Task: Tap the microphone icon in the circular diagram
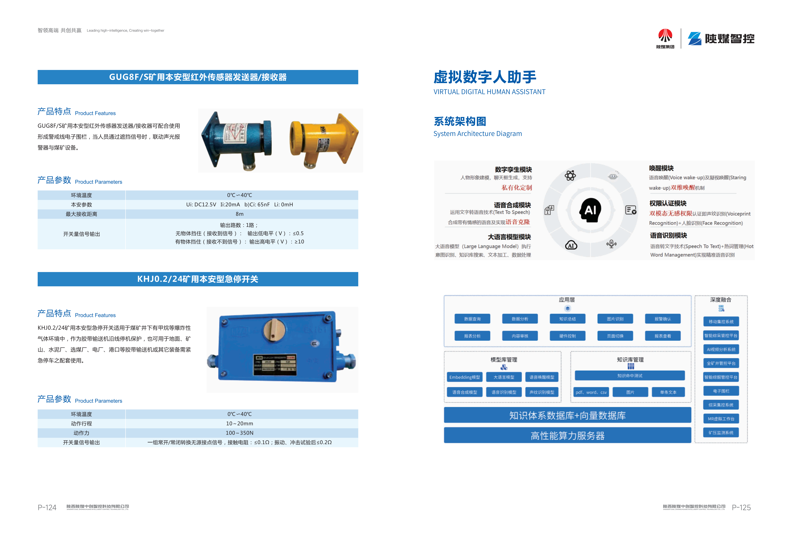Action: pyautogui.click(x=611, y=244)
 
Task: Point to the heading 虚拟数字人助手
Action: pyautogui.click(x=485, y=77)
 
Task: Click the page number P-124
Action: pyautogui.click(x=47, y=507)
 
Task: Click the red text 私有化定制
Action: pyautogui.click(x=517, y=188)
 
